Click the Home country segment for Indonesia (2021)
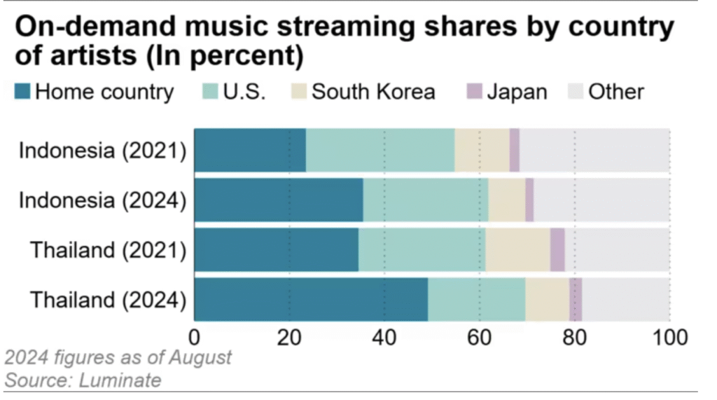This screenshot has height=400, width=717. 249,150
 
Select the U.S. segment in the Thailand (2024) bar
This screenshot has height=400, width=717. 476,299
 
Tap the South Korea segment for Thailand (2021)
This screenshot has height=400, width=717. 517,249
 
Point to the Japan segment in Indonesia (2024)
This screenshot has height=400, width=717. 529,200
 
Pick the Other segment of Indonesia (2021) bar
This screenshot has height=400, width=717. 594,150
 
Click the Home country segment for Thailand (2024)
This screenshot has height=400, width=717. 310,299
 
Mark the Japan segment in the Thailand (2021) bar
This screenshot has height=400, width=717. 557,249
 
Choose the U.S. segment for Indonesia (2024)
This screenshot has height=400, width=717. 426,200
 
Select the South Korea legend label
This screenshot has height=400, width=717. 373,92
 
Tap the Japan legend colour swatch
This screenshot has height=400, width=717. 475,92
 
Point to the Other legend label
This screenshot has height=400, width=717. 616,92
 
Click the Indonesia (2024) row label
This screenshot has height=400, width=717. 102,200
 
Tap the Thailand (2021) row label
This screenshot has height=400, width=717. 108,249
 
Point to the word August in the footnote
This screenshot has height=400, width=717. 200,358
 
